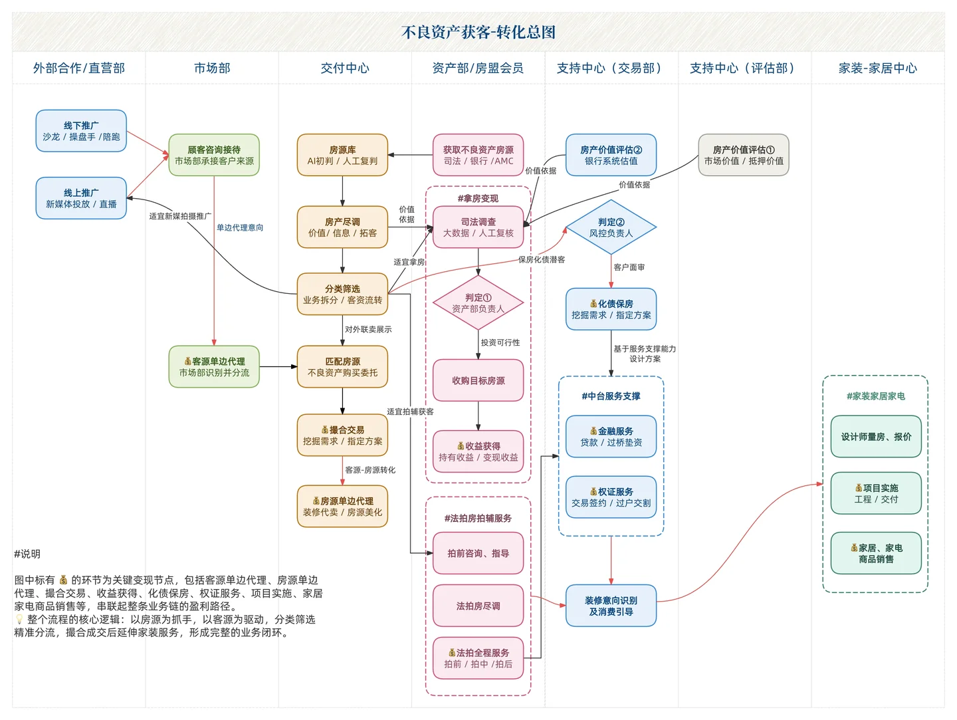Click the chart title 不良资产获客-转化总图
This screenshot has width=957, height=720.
[478, 32]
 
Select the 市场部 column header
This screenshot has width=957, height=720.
[212, 68]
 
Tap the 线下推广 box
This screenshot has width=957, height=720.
[81, 131]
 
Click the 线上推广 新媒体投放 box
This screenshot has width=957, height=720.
[81, 198]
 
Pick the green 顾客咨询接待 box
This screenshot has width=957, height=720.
[214, 155]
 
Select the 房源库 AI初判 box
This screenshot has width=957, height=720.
[342, 155]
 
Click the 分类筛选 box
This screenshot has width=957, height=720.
[342, 294]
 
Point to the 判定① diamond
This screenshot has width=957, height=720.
[478, 303]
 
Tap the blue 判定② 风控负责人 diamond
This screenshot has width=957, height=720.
[611, 227]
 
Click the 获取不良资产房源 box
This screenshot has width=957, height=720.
[478, 155]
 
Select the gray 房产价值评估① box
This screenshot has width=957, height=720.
[743, 155]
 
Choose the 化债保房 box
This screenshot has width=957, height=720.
[611, 309]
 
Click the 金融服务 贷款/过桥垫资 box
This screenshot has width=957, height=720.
[611, 437]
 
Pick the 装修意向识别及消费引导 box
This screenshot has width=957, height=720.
[611, 606]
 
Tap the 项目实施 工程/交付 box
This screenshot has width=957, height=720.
[876, 493]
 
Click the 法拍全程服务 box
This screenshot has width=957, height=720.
[478, 658]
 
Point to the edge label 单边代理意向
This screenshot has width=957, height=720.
[240, 227]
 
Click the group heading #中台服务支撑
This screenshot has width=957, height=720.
[611, 396]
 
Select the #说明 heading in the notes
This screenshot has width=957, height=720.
[27, 554]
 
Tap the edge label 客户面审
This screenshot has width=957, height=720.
[629, 267]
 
